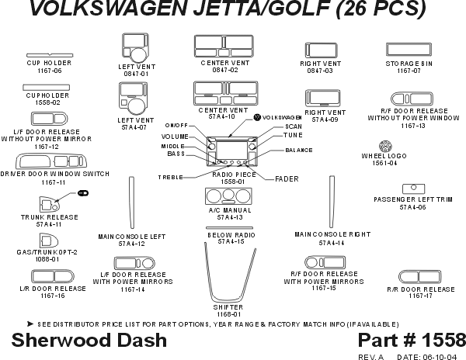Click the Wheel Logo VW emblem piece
pyautogui.click(x=383, y=146)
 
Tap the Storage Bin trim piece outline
pyautogui.click(x=413, y=48)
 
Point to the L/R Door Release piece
pyautogui.click(x=52, y=275)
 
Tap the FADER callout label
pyautogui.click(x=287, y=179)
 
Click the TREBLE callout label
pyautogui.click(x=171, y=178)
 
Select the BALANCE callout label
pyautogui.click(x=299, y=150)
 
